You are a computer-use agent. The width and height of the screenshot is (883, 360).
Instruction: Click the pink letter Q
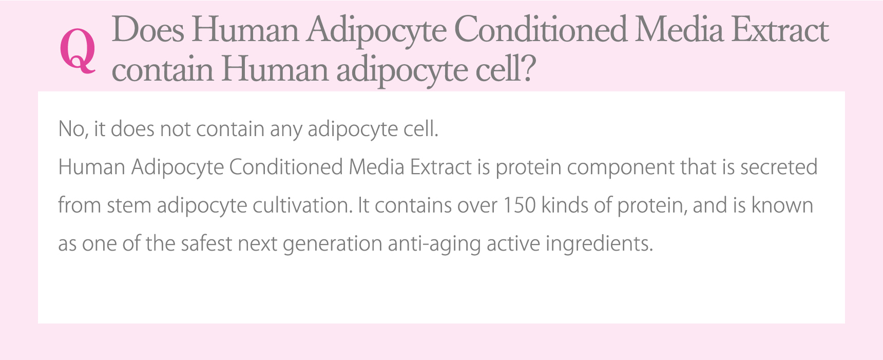click(x=78, y=50)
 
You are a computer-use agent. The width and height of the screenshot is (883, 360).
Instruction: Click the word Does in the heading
click(x=148, y=30)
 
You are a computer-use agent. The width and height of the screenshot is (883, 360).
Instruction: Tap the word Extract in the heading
click(x=780, y=30)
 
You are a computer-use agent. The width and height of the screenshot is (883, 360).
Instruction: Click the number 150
click(x=519, y=205)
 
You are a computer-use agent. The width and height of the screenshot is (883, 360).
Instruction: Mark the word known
click(x=782, y=205)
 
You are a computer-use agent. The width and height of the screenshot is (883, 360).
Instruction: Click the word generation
click(x=333, y=244)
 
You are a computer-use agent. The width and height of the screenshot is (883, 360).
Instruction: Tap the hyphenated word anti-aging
click(x=434, y=244)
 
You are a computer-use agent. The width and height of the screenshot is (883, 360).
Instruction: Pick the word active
click(x=513, y=243)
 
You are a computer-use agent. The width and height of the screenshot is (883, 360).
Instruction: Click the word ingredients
click(x=599, y=244)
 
